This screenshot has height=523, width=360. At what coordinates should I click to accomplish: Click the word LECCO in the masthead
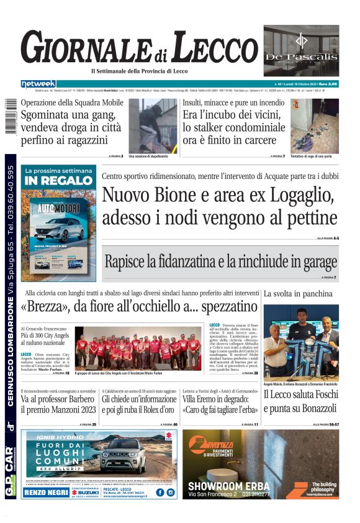207,48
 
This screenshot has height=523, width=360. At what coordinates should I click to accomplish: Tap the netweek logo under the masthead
38,83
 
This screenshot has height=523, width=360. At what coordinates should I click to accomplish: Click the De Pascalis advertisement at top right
301,51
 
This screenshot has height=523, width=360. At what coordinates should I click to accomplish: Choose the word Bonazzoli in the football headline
310,409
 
